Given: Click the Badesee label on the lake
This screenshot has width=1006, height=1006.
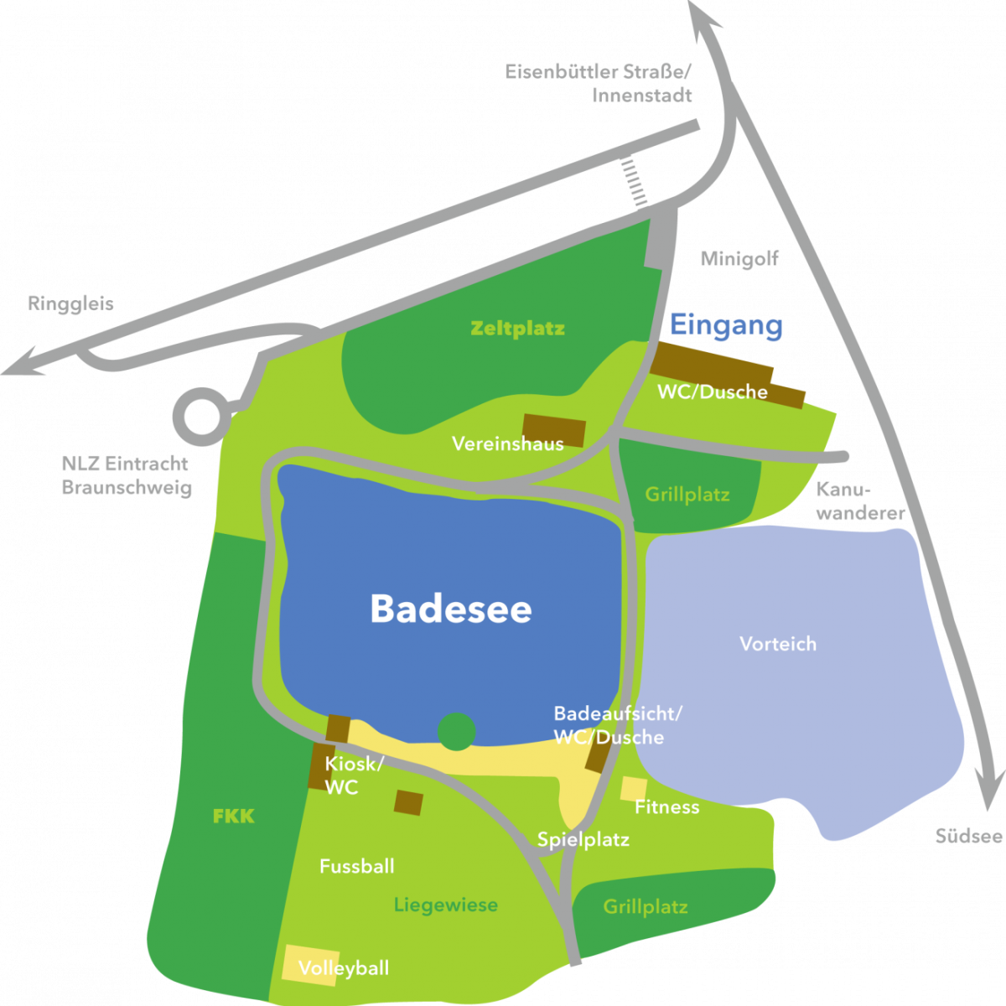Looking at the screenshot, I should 451,609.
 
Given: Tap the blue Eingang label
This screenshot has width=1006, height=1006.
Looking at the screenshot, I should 726,325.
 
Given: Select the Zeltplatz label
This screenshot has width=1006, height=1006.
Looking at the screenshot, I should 517,328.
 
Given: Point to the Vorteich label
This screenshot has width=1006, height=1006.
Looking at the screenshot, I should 778,644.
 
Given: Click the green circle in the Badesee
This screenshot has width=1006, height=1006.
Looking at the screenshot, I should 457,731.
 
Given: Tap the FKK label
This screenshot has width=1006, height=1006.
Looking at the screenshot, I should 233,815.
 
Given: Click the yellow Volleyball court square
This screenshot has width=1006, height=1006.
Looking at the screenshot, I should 309,964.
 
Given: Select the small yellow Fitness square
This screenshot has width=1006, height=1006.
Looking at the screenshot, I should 633,789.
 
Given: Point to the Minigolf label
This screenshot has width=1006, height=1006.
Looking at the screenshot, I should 739,259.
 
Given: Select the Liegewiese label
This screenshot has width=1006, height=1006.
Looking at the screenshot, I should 445,905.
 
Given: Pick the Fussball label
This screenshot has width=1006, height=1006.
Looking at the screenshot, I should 356,866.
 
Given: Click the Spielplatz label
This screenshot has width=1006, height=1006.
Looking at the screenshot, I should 583,839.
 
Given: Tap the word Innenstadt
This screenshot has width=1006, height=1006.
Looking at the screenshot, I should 641,95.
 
